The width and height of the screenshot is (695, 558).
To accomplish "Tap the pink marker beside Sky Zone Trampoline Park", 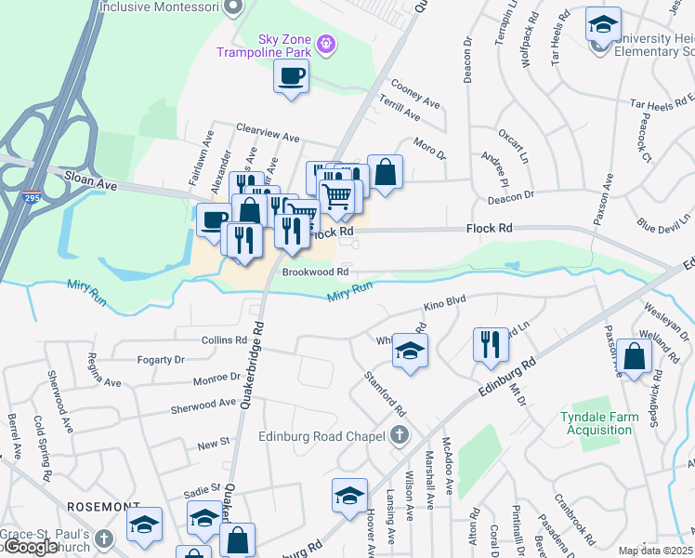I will point(326,43).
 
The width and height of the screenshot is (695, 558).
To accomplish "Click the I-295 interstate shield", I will point(31,197).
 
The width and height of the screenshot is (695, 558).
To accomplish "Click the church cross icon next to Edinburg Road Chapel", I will point(399,434).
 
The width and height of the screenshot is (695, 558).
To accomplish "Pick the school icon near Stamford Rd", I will point(407,350).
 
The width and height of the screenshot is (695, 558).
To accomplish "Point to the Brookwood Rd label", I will point(317,272).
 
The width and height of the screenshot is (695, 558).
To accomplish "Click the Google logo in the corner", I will point(30,547).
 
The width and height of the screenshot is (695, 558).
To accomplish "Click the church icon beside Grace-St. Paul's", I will point(105,538).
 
